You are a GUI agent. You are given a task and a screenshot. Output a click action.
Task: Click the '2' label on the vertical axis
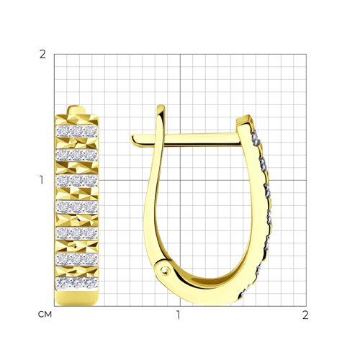coord(42,55)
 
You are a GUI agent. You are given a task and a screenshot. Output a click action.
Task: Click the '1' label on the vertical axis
coord(42,180)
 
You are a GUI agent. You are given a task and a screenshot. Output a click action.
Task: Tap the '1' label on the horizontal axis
coord(178,315)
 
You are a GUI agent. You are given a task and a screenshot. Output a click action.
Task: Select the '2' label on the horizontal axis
coord(305,315)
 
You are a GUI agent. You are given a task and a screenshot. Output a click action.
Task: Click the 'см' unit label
coord(45,315)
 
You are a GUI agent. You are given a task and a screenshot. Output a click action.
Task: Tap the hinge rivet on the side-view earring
coord(164,271)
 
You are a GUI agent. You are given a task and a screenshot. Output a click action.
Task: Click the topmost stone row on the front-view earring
coord(77,131)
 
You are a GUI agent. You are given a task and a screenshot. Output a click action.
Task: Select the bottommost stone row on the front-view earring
coord(77,283)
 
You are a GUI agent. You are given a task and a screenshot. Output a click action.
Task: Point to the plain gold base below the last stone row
coord(77,297)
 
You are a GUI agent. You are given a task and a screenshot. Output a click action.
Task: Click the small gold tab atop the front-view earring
coord(76,110)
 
